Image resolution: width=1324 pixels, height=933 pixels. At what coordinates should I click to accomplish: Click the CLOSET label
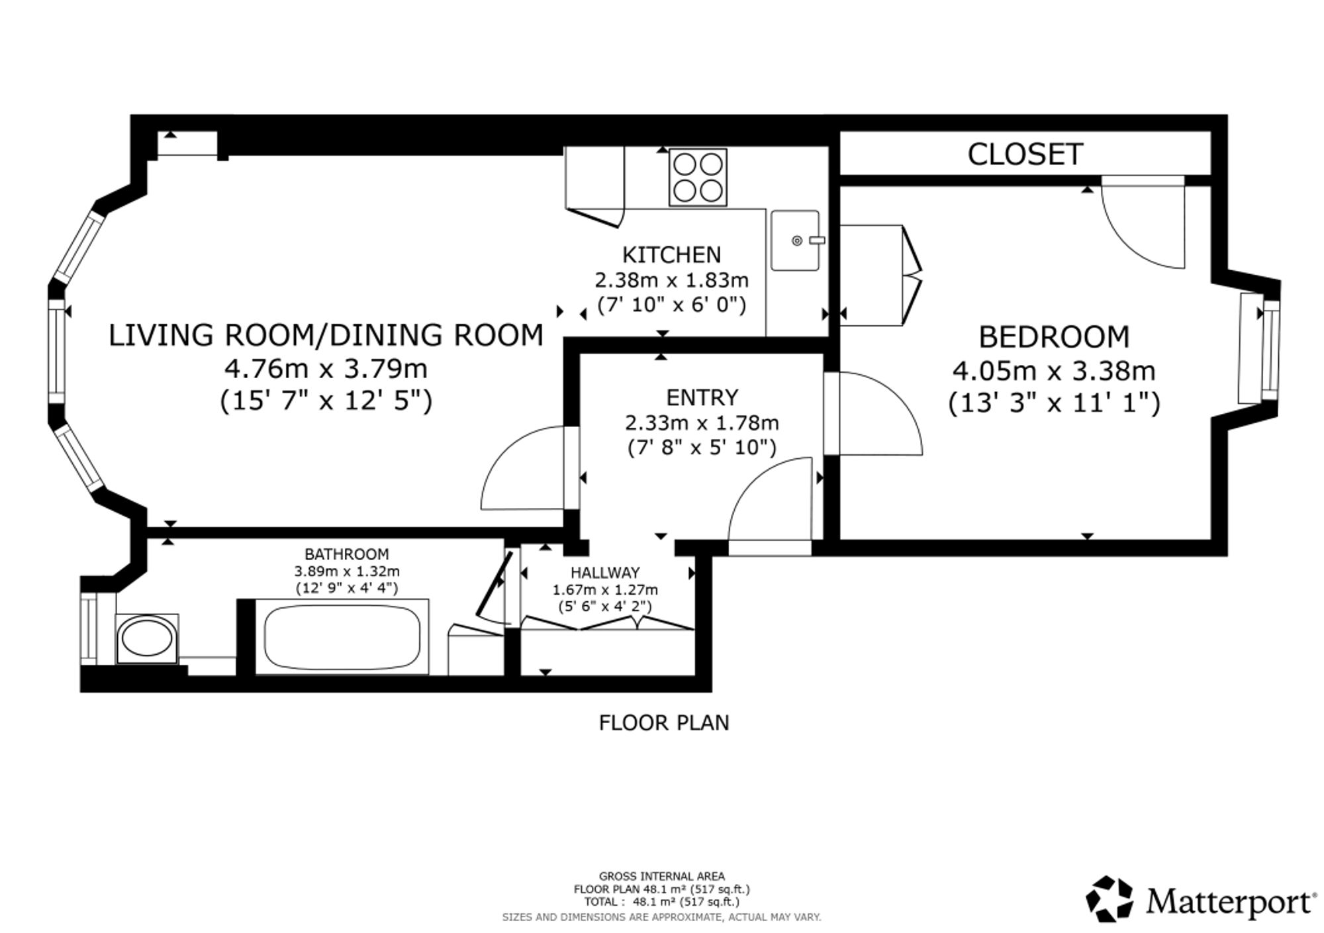[x=1025, y=154]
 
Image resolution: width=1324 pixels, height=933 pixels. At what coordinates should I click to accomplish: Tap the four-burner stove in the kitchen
[x=698, y=177]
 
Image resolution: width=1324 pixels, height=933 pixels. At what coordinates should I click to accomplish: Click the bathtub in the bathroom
[x=342, y=637]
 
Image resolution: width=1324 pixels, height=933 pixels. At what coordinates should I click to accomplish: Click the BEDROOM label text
[x=1054, y=337]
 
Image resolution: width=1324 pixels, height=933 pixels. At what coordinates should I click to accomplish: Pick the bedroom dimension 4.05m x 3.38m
[x=1054, y=370]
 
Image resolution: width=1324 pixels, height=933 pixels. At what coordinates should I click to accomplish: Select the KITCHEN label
[x=671, y=255]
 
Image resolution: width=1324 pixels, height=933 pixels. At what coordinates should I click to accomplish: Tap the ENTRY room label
[x=702, y=397]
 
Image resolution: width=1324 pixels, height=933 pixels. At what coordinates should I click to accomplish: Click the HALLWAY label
[x=605, y=572]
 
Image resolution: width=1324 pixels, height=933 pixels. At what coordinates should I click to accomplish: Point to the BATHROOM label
[x=347, y=554]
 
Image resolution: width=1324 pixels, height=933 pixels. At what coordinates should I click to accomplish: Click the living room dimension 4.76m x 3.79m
[x=326, y=368]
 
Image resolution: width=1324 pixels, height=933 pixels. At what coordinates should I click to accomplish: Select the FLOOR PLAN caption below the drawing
[x=664, y=722]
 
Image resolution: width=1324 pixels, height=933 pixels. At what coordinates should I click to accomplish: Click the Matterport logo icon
[x=1110, y=899]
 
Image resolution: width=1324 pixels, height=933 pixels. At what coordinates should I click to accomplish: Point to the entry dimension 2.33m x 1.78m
[x=702, y=422]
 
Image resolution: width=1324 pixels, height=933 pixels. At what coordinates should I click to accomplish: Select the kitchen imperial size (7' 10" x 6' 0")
[x=671, y=305]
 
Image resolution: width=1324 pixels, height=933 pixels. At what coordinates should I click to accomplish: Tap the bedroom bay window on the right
[x=1270, y=350]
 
